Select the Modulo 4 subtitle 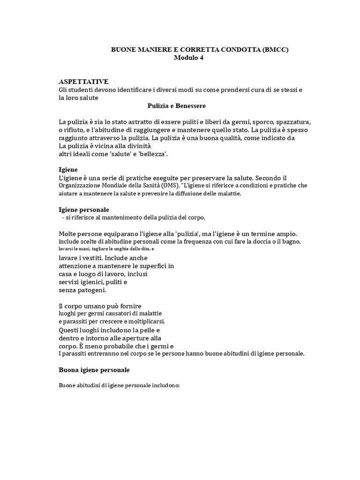189,58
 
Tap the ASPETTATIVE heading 83,82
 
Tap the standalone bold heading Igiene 68,169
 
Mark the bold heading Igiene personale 83,210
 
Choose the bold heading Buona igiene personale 94,370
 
